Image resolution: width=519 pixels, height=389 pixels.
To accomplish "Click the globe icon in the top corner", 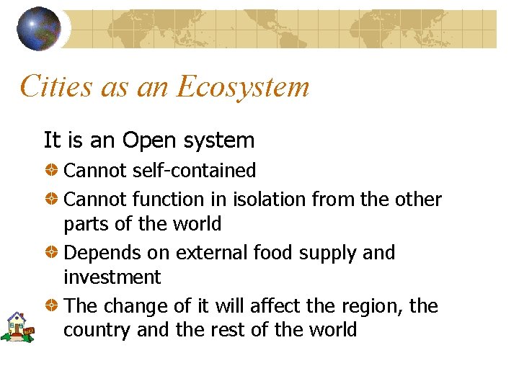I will [40, 28].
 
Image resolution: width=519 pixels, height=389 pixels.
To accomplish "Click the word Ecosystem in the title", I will [243, 87].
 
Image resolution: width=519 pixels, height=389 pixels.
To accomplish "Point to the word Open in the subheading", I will [148, 140].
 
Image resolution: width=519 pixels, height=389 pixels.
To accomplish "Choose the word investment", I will [112, 277].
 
